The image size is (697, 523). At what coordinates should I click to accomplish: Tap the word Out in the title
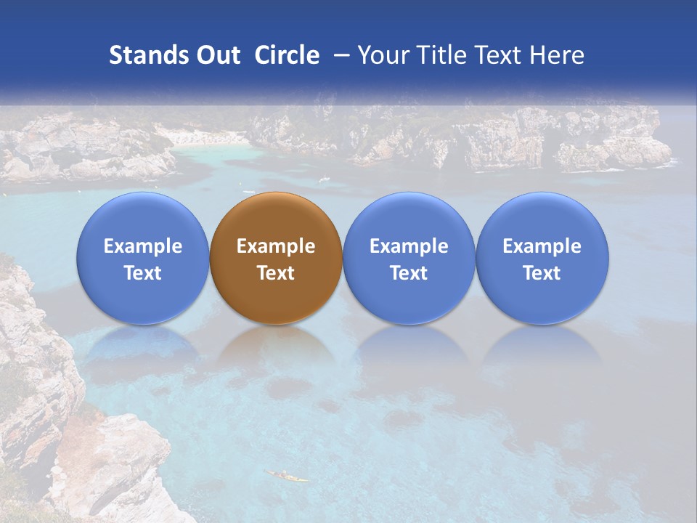(216, 55)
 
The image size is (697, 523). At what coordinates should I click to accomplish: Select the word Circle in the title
(287, 55)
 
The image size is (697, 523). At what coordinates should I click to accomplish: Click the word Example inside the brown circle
(276, 247)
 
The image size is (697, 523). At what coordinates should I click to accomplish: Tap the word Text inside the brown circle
(276, 273)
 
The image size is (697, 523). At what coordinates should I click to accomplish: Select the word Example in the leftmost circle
(143, 247)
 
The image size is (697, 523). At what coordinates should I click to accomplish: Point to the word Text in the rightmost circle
(542, 273)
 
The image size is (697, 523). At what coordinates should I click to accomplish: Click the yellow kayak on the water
(286, 477)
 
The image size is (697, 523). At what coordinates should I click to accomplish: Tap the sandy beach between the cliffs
(203, 137)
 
